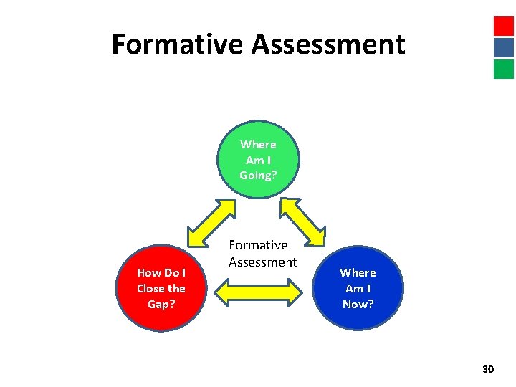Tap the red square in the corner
coord(503,26)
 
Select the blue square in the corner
coord(503,47)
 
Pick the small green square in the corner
coord(503,69)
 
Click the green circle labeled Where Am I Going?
coord(258,159)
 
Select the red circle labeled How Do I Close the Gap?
coord(161,288)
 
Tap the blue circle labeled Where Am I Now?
coord(358,288)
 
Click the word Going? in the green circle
coord(258,176)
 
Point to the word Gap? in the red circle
coord(161,304)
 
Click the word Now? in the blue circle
coord(358,304)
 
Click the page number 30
coord(488,369)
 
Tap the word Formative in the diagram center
coord(258,246)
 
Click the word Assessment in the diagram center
coord(262,262)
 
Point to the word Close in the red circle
coord(151,288)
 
